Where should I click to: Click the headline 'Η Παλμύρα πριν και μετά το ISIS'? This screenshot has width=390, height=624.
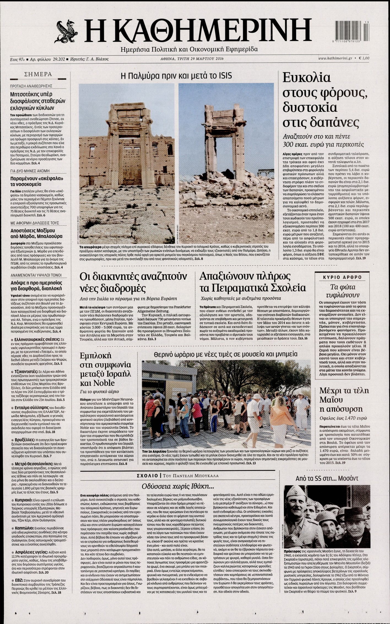176,75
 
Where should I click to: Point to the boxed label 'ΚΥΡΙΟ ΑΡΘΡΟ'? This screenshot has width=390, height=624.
342,277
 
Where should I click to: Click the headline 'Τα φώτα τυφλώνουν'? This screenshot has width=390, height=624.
342,292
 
